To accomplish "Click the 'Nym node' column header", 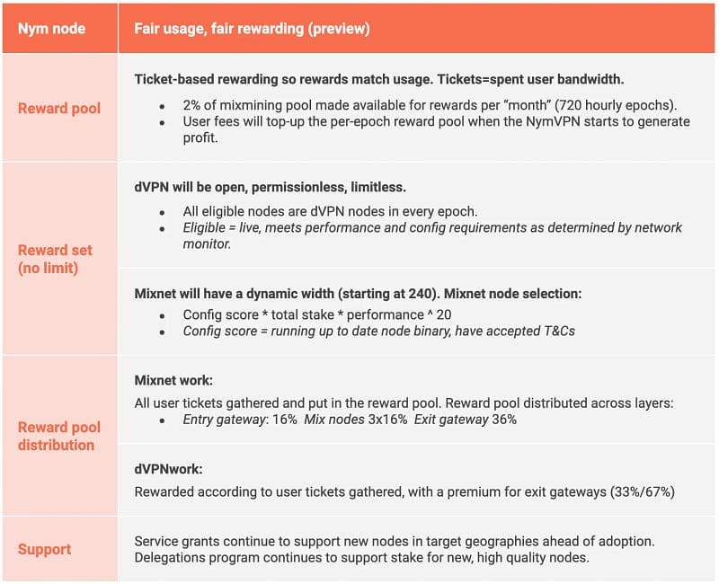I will point(51,29).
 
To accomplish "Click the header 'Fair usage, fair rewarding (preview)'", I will point(253,29).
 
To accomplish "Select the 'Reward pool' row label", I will point(59,108).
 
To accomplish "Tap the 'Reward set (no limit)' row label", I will point(55,259).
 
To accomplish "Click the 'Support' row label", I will point(44,548).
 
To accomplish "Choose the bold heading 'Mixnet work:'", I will point(173,380).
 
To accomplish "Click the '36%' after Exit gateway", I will point(504,420).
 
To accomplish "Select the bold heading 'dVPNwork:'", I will point(166,468).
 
